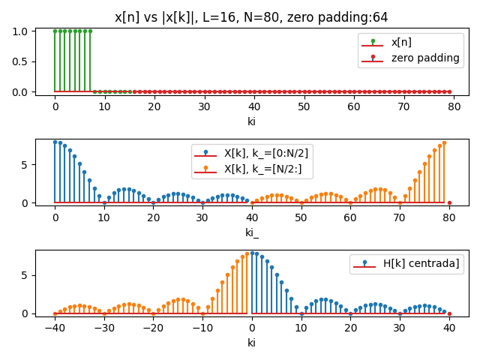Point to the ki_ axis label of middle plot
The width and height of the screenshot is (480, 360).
(x=252, y=232)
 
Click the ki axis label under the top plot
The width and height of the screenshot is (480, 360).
(x=252, y=121)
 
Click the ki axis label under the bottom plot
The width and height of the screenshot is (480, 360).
(x=252, y=343)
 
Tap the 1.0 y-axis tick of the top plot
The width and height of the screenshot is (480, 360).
(x=22, y=31)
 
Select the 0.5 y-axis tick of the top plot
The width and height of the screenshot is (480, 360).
(x=22, y=61)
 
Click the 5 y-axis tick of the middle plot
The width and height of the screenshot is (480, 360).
(x=25, y=164)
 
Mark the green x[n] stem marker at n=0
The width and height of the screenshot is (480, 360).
(x=55, y=31)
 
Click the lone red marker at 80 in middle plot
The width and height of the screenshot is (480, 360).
(x=449, y=202)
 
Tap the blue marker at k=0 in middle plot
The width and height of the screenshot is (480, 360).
(x=55, y=142)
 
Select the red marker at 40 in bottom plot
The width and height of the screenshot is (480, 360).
(x=449, y=313)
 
